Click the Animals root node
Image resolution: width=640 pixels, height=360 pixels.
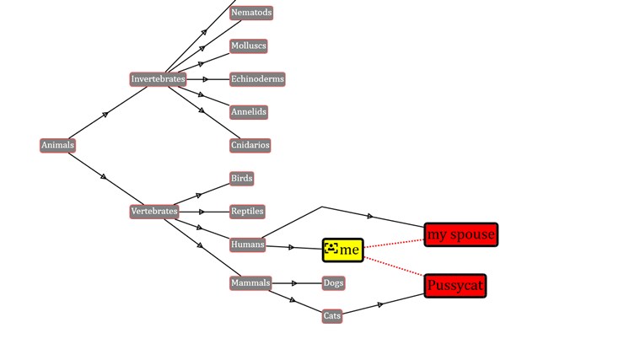[57, 145]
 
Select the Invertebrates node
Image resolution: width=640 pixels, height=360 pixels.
[158, 79]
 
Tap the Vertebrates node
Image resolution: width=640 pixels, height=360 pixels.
[154, 211]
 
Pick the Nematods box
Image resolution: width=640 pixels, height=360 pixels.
[251, 13]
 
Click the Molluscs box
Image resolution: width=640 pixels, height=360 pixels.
[249, 46]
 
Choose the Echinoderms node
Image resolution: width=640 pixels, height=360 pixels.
[257, 79]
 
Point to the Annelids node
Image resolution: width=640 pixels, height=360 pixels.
[249, 112]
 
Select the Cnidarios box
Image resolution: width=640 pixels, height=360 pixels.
[250, 145]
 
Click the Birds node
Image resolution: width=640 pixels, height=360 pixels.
[242, 179]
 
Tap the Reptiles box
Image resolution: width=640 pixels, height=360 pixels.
[247, 212]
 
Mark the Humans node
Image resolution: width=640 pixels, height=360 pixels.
[247, 244]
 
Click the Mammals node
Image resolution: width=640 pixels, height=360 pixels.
[250, 283]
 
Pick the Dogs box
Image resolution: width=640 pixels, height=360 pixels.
[333, 283]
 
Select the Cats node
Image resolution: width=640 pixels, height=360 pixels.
[332, 316]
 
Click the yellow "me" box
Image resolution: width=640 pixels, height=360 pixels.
[343, 250]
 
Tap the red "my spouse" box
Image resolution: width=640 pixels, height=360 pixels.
[460, 234]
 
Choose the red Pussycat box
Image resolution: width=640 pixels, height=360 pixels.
[455, 286]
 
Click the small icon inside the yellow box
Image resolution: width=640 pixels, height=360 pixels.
[331, 249]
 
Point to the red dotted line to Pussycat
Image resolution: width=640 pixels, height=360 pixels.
[395, 265]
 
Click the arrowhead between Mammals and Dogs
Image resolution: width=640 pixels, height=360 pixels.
[294, 283]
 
